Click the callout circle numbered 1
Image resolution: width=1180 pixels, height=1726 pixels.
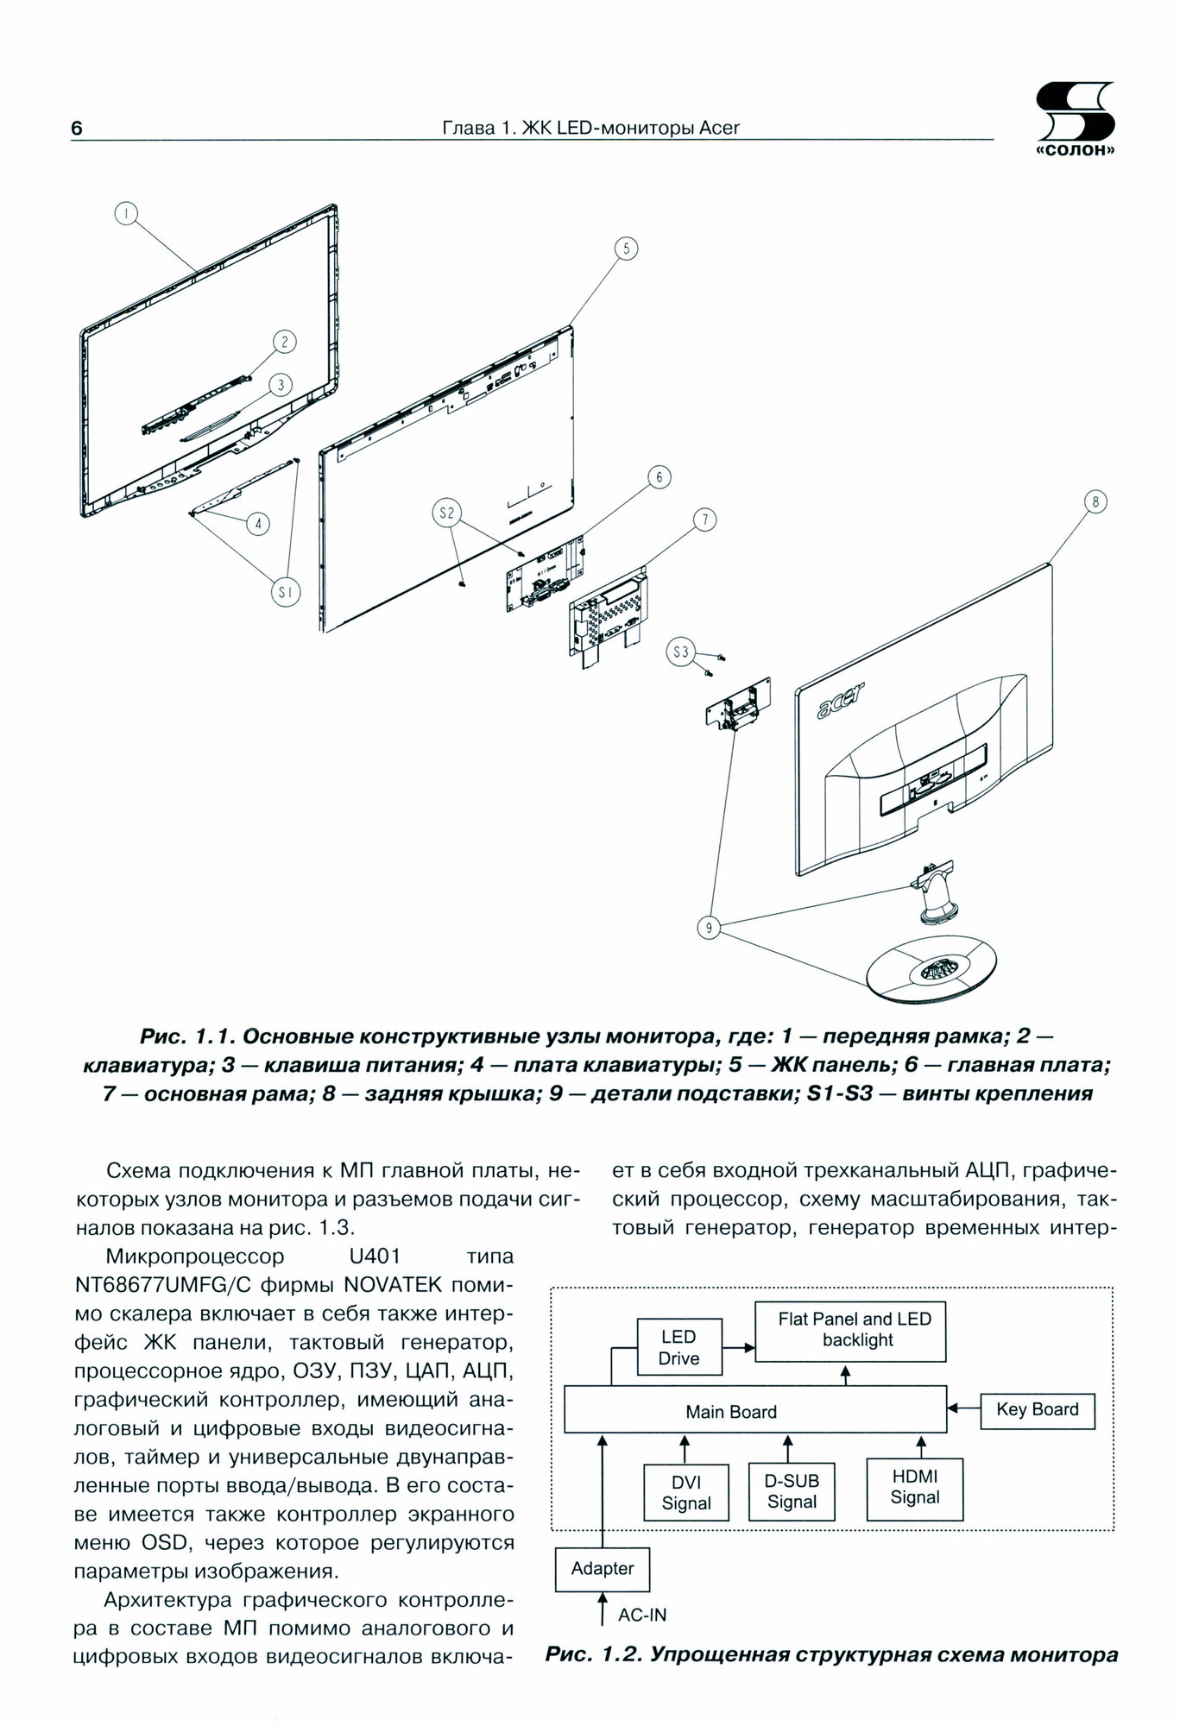point(125,213)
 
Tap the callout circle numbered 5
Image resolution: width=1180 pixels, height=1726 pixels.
point(626,249)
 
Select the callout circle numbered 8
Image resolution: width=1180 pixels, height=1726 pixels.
point(1095,502)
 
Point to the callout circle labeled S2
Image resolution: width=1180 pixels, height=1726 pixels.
point(446,514)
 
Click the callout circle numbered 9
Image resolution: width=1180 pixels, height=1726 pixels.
point(708,928)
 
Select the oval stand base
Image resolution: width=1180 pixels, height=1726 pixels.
point(931,972)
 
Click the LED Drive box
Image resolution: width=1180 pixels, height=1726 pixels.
point(678,1347)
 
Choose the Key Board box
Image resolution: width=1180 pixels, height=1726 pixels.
point(1038,1409)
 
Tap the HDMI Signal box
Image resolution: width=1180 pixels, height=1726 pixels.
point(914,1488)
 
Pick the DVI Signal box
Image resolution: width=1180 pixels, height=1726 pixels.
point(686,1492)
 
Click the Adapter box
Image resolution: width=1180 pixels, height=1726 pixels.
point(603,1568)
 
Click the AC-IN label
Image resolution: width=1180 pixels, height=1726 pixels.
point(642,1615)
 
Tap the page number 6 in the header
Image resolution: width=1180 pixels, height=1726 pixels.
point(77,129)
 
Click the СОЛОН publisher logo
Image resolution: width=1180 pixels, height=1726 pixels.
point(1074,120)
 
